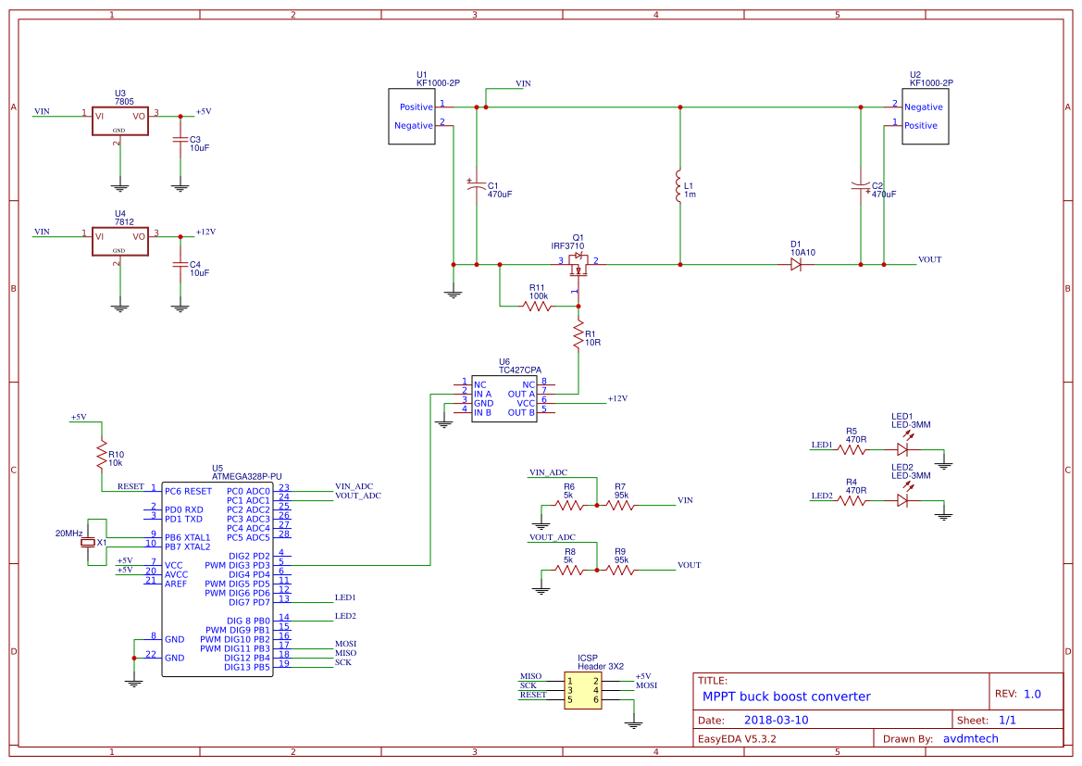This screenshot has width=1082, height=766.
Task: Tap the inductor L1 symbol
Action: (679, 186)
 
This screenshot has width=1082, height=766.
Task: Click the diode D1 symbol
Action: (796, 264)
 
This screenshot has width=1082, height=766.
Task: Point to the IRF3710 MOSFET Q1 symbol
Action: (578, 265)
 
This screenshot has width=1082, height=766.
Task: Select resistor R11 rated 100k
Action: (538, 306)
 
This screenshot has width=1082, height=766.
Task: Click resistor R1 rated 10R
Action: (578, 333)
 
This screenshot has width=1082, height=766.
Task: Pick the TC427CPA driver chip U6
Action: (504, 398)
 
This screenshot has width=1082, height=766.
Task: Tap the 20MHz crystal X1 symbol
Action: (89, 542)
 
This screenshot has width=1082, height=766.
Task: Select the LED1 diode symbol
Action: (903, 450)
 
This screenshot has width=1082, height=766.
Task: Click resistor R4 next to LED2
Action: (853, 501)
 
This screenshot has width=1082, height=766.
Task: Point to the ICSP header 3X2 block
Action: (583, 690)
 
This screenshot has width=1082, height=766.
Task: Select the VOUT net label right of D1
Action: (929, 260)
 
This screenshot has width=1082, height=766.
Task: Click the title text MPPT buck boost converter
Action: (786, 697)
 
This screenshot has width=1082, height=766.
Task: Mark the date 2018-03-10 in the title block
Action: (776, 720)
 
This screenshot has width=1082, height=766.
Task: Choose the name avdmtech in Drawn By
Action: (970, 739)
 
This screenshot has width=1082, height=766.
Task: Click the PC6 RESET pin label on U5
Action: (189, 491)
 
